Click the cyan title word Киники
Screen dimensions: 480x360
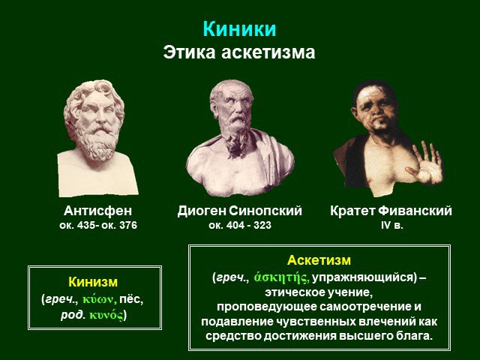point(239,29)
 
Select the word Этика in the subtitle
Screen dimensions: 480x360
point(190,52)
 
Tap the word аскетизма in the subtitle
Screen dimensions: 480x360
point(268,52)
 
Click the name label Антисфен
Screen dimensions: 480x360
point(98,211)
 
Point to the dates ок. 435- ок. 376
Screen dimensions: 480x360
point(98,225)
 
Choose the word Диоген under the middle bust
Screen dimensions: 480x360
point(202,211)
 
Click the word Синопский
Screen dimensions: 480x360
point(265,211)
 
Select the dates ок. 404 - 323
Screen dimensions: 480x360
point(240,225)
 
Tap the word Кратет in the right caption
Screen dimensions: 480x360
point(352,211)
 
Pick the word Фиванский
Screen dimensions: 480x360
point(415,211)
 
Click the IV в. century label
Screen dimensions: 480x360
point(391,225)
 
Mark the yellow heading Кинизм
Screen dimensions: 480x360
point(93,282)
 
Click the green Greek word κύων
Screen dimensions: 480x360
point(100,300)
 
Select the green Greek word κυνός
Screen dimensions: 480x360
point(106,315)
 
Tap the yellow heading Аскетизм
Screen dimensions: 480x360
point(319,260)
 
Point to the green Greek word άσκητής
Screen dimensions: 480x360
point(281,277)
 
